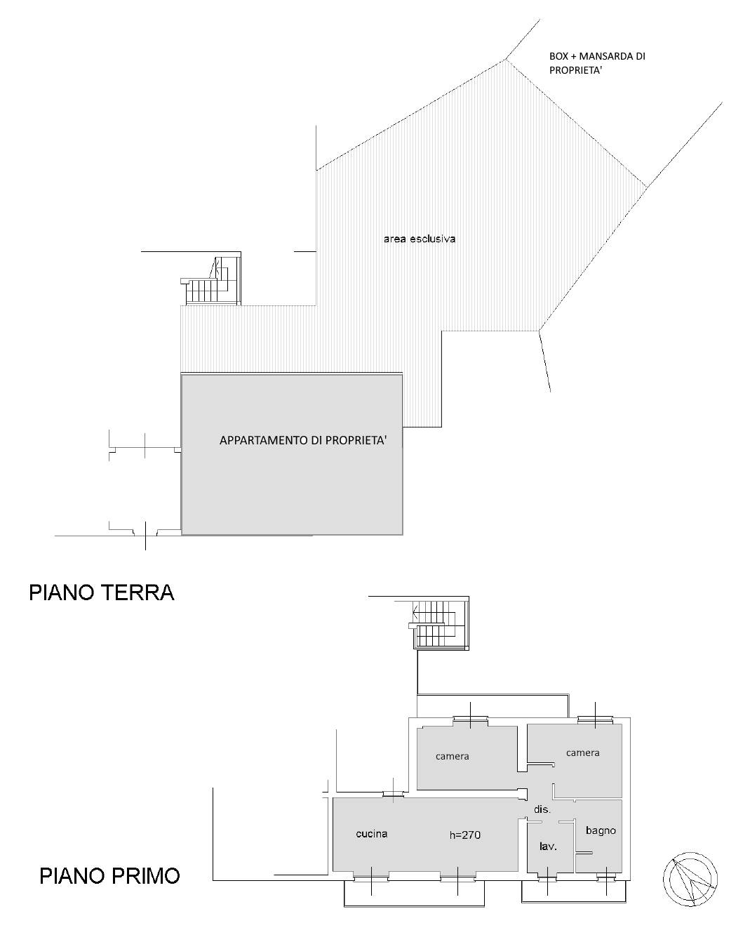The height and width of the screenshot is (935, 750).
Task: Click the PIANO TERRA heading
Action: pyautogui.click(x=101, y=592)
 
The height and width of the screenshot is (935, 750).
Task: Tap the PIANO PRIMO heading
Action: pyautogui.click(x=109, y=876)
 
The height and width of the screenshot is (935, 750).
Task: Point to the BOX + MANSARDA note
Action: pyautogui.click(x=596, y=63)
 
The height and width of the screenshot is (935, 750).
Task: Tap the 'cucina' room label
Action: pyautogui.click(x=371, y=834)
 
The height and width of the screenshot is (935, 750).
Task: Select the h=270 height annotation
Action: pyautogui.click(x=464, y=835)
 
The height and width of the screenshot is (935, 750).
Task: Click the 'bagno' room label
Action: pyautogui.click(x=601, y=830)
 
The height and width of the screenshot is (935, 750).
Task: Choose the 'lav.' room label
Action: pyautogui.click(x=548, y=847)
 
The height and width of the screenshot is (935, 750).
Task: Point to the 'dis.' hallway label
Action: pyautogui.click(x=542, y=809)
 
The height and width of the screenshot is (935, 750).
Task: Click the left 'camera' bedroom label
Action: pyautogui.click(x=452, y=756)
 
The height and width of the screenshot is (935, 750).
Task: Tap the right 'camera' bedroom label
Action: pyautogui.click(x=582, y=752)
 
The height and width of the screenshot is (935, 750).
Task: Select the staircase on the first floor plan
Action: pyautogui.click(x=438, y=625)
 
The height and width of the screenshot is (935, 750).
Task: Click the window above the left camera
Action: pyautogui.click(x=470, y=718)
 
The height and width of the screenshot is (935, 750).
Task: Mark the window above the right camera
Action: pyautogui.click(x=596, y=719)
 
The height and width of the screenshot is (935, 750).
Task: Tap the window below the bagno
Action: pyautogui.click(x=606, y=876)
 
